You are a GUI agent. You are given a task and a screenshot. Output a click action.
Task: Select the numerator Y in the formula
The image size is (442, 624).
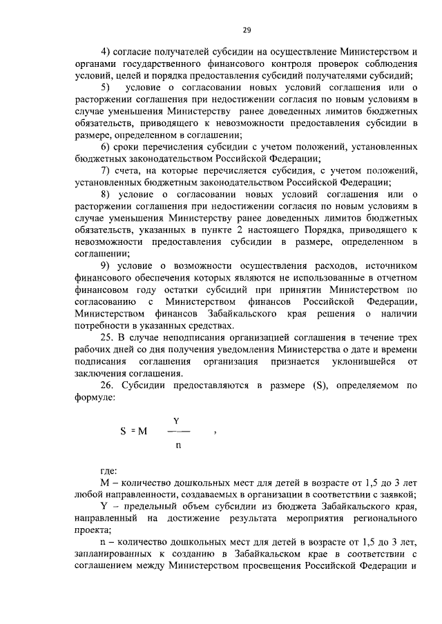click(177, 419)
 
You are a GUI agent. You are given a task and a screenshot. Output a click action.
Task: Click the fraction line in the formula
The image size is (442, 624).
click(177, 431)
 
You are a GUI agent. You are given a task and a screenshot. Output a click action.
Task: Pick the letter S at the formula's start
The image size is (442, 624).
click(122, 432)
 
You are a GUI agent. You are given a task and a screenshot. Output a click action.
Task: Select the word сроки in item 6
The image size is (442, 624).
click(133, 147)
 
